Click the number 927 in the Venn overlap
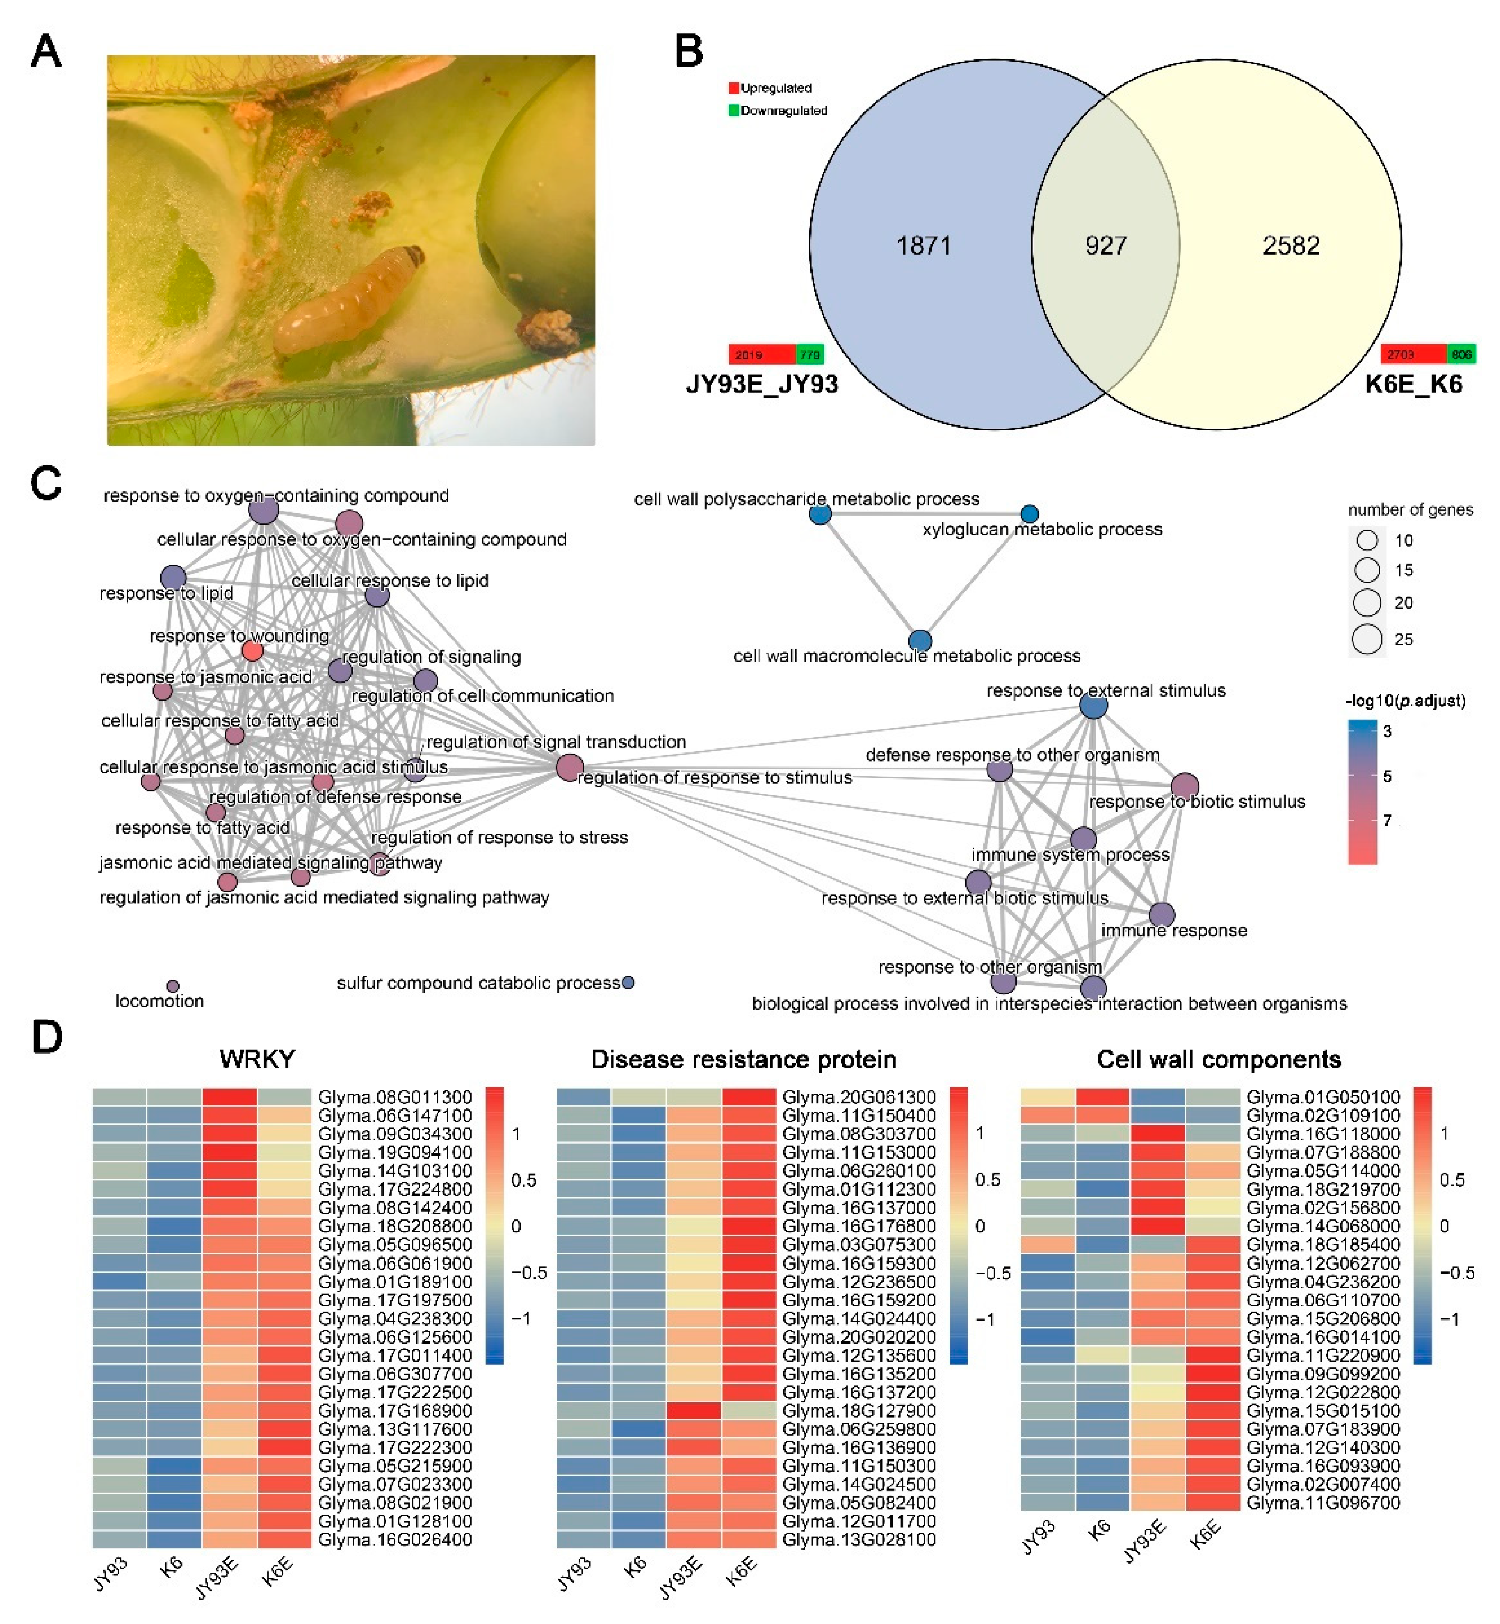click(x=1106, y=246)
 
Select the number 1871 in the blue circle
click(x=923, y=246)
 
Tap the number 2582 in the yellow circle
click(x=1290, y=246)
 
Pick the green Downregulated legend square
click(x=734, y=110)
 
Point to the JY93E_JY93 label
click(x=761, y=384)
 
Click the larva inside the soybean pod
click(x=349, y=300)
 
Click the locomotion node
click(x=173, y=986)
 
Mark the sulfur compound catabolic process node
click(x=627, y=983)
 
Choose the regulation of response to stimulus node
click(x=570, y=767)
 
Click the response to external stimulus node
click(x=1093, y=706)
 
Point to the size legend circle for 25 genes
click(x=1367, y=639)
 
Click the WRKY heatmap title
click(x=257, y=1059)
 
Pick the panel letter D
click(x=46, y=1037)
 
